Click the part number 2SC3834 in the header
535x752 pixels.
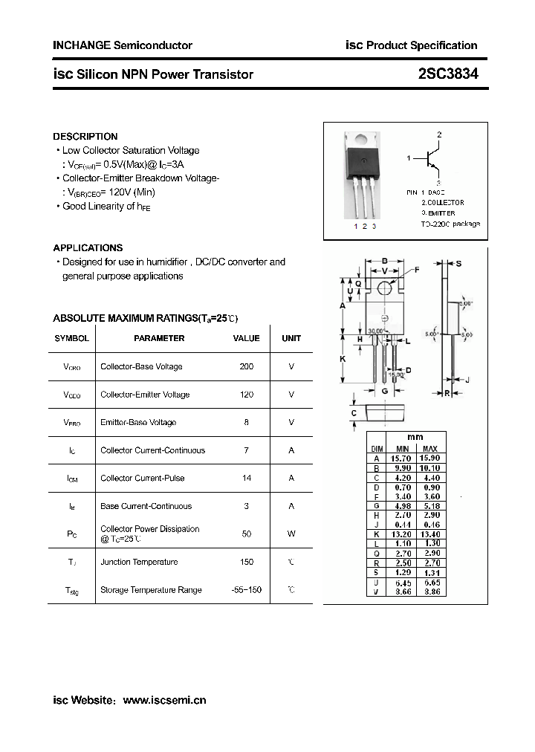coord(448,74)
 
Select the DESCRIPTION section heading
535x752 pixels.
coord(85,137)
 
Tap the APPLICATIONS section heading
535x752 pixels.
coord(88,248)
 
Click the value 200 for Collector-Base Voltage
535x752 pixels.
coord(247,366)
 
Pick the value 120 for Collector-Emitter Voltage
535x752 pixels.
coord(247,395)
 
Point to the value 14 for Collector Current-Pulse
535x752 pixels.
coord(247,478)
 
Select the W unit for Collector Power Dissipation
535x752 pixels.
coord(291,534)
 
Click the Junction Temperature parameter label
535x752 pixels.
coord(139,562)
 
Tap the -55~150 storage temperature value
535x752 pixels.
coord(247,589)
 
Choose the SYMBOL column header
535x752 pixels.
coord(71,338)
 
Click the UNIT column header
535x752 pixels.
coord(291,338)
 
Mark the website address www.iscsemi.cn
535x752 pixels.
coord(164,700)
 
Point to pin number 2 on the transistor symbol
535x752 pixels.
coord(439,135)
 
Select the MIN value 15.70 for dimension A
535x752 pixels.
coord(403,459)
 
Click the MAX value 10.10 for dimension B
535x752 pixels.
coord(430,469)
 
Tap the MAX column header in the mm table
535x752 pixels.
coord(430,449)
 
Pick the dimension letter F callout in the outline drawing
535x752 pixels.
coord(417,270)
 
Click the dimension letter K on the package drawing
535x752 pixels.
coord(343,359)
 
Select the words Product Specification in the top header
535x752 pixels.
coord(422,45)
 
